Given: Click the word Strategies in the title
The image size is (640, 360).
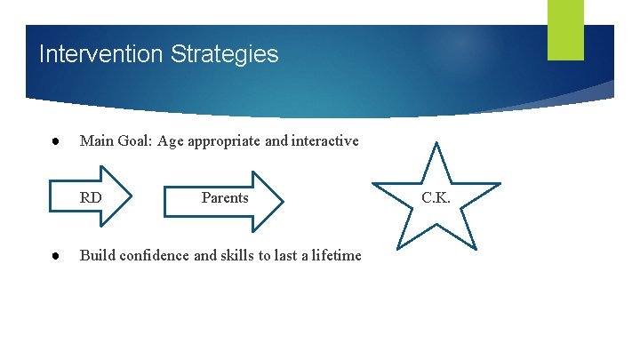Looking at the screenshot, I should click(x=226, y=54).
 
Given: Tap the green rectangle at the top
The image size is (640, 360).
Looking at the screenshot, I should click(x=565, y=29).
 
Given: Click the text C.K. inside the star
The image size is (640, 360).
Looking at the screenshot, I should click(x=436, y=197).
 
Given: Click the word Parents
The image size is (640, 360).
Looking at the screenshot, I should click(x=225, y=197).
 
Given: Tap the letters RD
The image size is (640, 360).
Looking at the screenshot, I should click(x=91, y=197).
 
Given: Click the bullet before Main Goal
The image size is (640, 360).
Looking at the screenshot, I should click(x=54, y=140).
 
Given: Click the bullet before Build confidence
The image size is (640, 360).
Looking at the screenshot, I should click(x=54, y=255).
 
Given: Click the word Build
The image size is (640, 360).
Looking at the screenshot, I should click(x=97, y=255).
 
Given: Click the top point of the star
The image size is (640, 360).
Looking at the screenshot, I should click(x=436, y=144).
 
